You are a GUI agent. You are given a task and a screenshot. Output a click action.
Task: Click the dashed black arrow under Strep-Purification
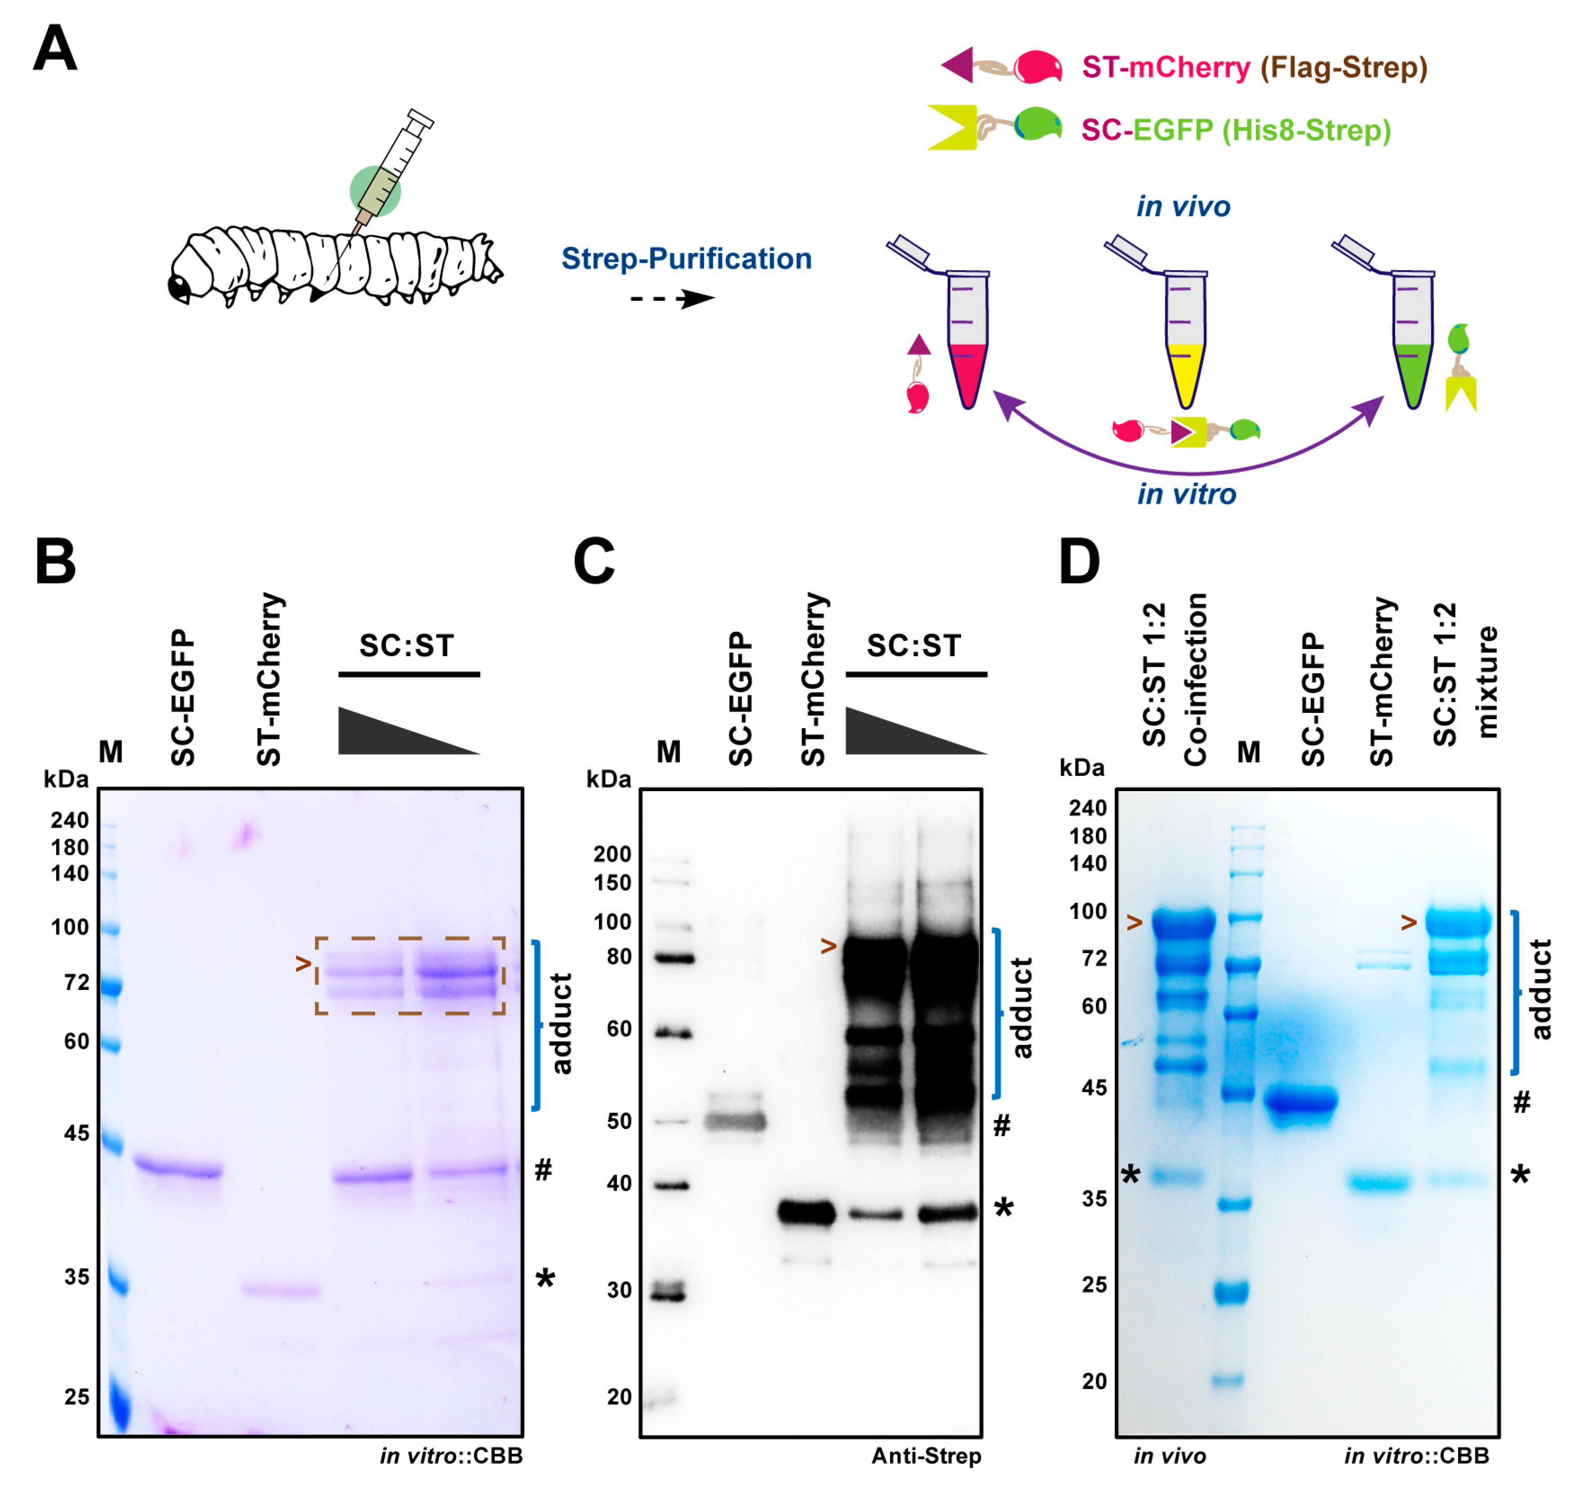click(x=672, y=299)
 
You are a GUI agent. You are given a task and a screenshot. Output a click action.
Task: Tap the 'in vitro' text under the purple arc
click(x=1187, y=494)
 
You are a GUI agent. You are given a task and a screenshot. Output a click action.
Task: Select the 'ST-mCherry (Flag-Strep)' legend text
click(x=1254, y=67)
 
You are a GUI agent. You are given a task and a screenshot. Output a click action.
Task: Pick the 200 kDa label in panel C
click(x=612, y=854)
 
